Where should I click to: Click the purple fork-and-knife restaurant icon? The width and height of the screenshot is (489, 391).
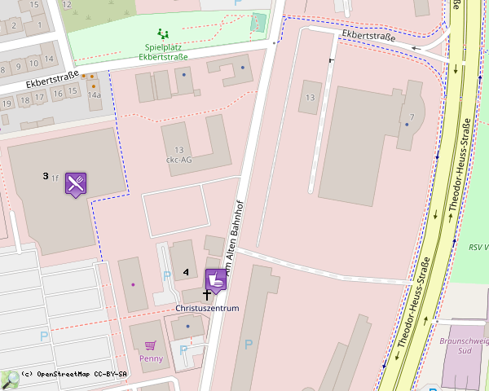(x=76, y=184)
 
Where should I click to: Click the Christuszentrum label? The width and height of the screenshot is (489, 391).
(x=207, y=309)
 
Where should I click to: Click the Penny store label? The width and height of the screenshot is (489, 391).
(x=151, y=358)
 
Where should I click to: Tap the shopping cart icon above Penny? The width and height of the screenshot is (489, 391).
(x=149, y=345)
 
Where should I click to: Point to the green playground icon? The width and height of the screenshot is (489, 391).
(x=163, y=34)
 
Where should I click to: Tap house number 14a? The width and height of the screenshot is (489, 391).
(x=94, y=95)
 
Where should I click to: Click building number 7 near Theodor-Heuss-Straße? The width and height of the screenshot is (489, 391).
(x=412, y=116)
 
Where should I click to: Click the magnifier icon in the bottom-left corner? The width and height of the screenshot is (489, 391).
(x=10, y=380)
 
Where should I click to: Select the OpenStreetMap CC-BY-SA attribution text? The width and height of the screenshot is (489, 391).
(x=74, y=374)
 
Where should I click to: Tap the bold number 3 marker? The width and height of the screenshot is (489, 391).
(x=46, y=176)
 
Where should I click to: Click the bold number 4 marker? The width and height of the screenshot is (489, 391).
(x=186, y=271)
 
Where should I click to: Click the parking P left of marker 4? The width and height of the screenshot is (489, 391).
(x=166, y=275)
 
